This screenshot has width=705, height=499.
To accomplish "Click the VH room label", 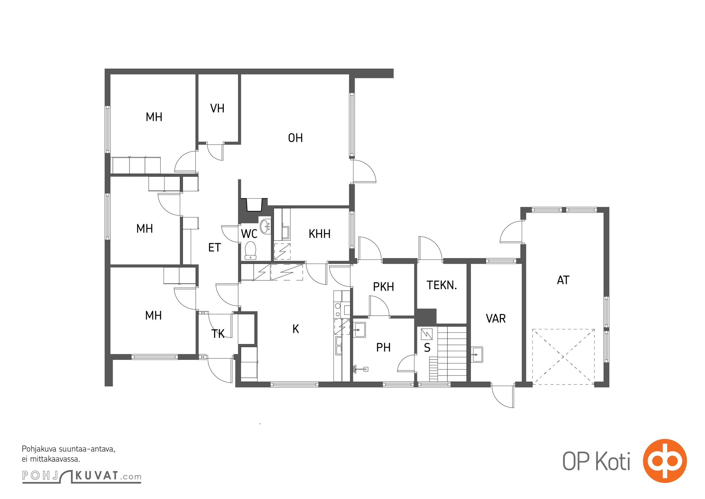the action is pyautogui.click(x=217, y=108).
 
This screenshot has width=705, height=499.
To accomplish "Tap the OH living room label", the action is pyautogui.click(x=295, y=138).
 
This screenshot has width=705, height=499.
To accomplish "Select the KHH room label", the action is pyautogui.click(x=319, y=234).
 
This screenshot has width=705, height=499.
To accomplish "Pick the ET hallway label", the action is pyautogui.click(x=214, y=248).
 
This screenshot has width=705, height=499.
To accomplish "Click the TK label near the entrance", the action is pyautogui.click(x=218, y=334).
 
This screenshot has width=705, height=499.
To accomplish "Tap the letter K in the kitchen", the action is pyautogui.click(x=296, y=329).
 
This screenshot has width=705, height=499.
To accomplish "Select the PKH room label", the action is pyautogui.click(x=384, y=287).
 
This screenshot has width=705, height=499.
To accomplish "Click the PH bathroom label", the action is pyautogui.click(x=383, y=347).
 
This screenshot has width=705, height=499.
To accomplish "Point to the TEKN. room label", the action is pyautogui.click(x=442, y=285).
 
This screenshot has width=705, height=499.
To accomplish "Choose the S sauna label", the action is pyautogui.click(x=427, y=348).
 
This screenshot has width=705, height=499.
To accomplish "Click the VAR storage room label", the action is pyautogui.click(x=496, y=318).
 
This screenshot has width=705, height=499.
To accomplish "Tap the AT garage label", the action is pyautogui.click(x=563, y=280).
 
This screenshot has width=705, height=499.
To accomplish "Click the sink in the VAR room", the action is pyautogui.click(x=477, y=354).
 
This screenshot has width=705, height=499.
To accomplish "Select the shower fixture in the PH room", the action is pyautogui.click(x=360, y=370).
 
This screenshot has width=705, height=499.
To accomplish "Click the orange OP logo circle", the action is pyautogui.click(x=665, y=461).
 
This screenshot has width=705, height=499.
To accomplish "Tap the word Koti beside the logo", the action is pyautogui.click(x=613, y=461).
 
